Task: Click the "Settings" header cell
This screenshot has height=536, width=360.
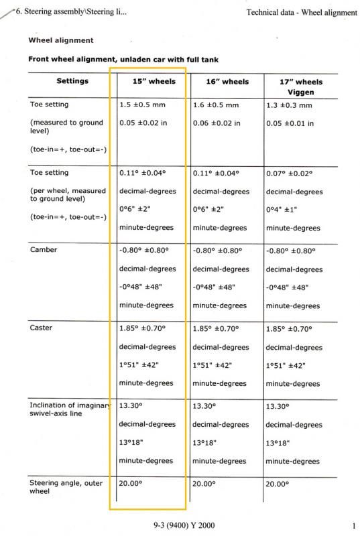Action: pos(72,81)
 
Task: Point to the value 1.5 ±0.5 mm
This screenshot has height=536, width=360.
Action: pos(142,105)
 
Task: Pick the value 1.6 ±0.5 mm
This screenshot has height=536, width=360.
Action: pos(216,105)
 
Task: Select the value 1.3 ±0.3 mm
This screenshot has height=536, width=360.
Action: pos(289,105)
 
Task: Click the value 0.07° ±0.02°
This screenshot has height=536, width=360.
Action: pos(291,173)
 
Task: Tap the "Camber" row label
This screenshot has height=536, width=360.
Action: pos(44,250)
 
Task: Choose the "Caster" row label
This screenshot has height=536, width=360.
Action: pos(42,328)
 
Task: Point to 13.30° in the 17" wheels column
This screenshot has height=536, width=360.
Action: pos(279,407)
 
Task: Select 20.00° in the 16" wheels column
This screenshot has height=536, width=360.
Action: pos(205,483)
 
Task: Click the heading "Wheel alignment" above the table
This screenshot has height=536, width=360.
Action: pos(60,40)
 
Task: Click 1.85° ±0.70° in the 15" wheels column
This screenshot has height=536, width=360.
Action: pos(142,328)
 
